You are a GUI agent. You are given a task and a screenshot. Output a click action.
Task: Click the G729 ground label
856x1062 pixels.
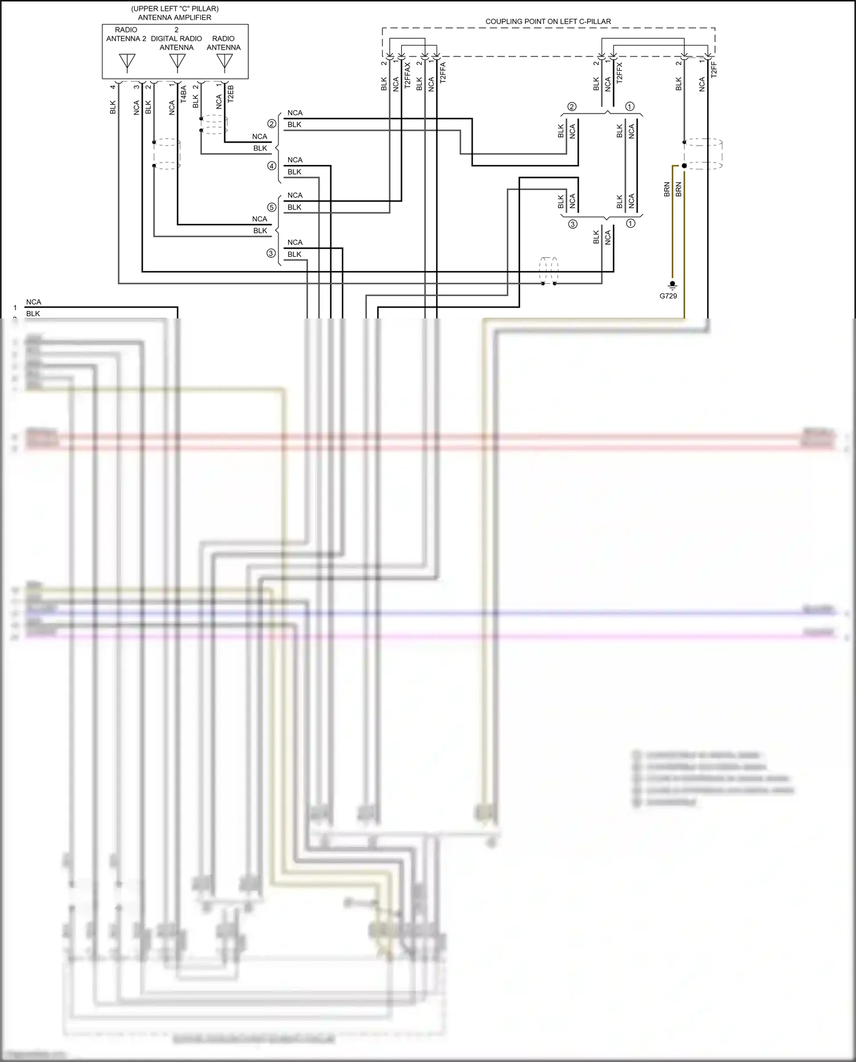pyautogui.click(x=668, y=296)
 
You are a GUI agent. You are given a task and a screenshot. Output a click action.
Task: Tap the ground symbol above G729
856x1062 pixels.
pyautogui.click(x=672, y=285)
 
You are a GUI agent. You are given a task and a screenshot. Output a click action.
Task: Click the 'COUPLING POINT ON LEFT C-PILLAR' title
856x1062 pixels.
pyautogui.click(x=548, y=22)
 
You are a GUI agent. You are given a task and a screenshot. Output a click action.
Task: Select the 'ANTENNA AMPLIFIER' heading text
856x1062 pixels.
pyautogui.click(x=175, y=18)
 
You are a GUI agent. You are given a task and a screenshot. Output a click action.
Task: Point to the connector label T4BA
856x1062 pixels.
pyautogui.click(x=183, y=94)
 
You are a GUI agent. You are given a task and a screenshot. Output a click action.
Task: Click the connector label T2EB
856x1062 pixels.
pyautogui.click(x=231, y=94)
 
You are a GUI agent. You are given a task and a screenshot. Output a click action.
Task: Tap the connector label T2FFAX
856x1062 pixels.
pyautogui.click(x=407, y=75)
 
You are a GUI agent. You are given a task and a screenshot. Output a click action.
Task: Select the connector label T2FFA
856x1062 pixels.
pyautogui.click(x=443, y=74)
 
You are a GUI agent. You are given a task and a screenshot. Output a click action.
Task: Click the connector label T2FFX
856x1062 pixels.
pyautogui.click(x=620, y=73)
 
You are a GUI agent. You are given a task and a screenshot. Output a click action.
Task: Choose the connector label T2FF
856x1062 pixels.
pyautogui.click(x=713, y=70)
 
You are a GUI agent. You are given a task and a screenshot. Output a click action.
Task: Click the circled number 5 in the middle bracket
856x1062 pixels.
pyautogui.click(x=272, y=207)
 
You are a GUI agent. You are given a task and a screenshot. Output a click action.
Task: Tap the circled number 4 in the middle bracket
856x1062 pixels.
pyautogui.click(x=272, y=166)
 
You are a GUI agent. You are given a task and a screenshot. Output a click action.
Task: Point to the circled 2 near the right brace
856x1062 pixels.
pyautogui.click(x=572, y=107)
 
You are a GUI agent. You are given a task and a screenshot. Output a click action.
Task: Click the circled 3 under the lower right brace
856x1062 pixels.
pyautogui.click(x=572, y=224)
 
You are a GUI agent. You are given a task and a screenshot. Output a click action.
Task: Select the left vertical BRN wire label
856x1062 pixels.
pyautogui.click(x=667, y=189)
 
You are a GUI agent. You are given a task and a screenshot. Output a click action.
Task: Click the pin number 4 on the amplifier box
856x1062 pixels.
pyautogui.click(x=113, y=86)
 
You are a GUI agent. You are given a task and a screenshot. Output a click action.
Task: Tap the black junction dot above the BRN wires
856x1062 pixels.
pyautogui.click(x=684, y=165)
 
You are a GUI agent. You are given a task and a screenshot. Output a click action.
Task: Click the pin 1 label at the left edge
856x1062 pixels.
pyautogui.click(x=15, y=308)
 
